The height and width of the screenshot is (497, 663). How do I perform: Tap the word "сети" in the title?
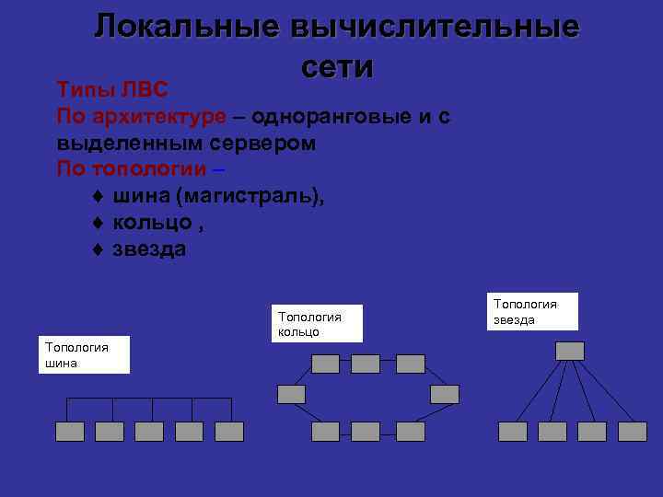(336, 66)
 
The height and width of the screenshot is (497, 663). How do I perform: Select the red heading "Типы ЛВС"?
(111, 90)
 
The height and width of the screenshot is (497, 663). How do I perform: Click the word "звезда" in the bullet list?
(149, 249)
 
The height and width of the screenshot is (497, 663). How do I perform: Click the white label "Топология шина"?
(84, 354)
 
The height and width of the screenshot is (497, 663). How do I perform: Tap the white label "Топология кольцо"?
(317, 324)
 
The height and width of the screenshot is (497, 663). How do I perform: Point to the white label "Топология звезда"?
(534, 311)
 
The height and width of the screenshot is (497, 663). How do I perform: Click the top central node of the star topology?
(570, 351)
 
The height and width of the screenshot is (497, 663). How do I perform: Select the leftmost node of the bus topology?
(69, 432)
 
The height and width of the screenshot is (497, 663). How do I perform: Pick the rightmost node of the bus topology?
(229, 432)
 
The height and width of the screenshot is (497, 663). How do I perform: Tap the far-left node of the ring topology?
(292, 394)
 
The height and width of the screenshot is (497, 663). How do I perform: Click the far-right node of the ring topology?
(444, 394)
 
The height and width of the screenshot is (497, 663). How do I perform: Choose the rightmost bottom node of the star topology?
(633, 432)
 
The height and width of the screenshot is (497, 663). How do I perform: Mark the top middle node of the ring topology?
(366, 364)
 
